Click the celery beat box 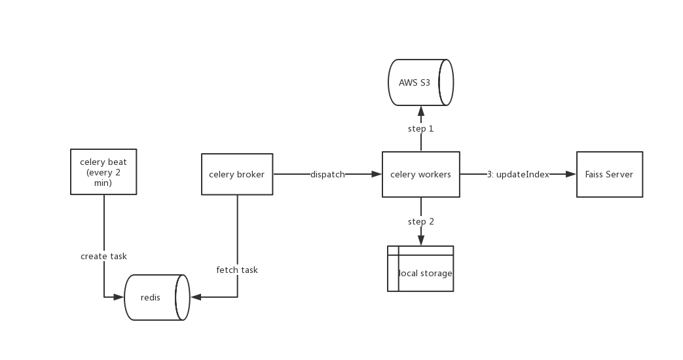tap(103, 171)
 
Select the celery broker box tap(236, 174)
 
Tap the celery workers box tap(420, 174)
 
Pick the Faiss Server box tap(609, 174)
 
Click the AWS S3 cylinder tap(420, 82)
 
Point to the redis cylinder tap(156, 297)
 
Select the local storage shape tap(420, 269)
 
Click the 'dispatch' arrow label tap(327, 175)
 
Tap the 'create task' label tap(103, 256)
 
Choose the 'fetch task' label tap(237, 270)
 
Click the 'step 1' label tap(420, 128)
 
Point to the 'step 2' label tap(420, 221)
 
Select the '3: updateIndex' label tap(518, 175)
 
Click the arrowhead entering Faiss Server tap(572, 175)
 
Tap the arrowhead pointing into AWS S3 tap(420, 109)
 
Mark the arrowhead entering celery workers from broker tap(377, 175)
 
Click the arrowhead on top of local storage tap(420, 242)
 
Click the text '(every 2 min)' tap(103, 178)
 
